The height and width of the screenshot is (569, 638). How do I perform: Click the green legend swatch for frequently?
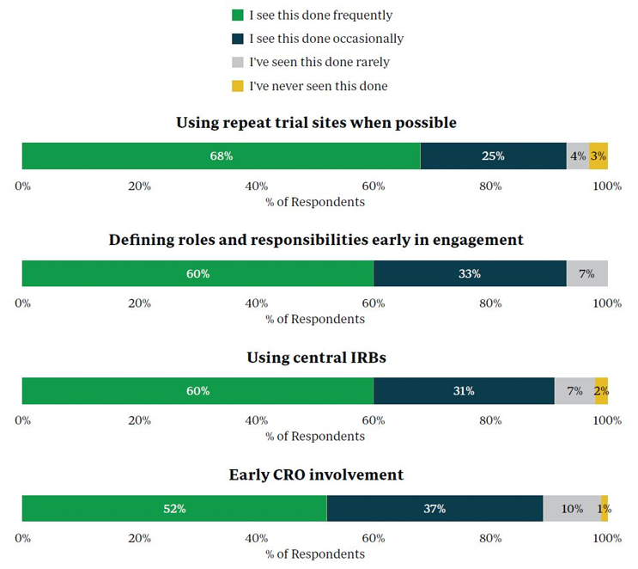(238, 15)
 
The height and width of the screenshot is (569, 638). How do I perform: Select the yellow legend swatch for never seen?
(238, 86)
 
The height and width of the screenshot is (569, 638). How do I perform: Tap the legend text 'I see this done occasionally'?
(325, 39)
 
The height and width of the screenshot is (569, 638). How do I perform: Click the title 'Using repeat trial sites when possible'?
(316, 123)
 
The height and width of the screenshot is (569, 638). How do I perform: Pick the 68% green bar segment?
(221, 156)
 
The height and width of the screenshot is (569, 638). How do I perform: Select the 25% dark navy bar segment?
(493, 156)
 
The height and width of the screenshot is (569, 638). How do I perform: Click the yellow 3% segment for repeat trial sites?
(599, 156)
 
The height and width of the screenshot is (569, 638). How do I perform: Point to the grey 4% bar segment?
(578, 156)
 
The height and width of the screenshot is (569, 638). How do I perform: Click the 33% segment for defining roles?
(470, 273)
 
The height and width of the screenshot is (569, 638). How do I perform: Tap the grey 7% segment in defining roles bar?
(587, 273)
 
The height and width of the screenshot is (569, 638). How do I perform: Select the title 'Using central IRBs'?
(316, 357)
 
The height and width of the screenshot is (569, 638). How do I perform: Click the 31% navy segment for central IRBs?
(464, 390)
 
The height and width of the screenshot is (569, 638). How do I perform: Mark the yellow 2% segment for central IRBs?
(602, 390)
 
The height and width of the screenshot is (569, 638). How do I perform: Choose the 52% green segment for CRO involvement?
(174, 508)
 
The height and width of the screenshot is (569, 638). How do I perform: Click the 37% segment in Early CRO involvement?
(434, 508)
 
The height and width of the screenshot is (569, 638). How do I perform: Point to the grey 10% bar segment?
(572, 508)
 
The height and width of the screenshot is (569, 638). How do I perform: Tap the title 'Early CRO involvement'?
(316, 474)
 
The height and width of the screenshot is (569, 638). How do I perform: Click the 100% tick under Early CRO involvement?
(607, 538)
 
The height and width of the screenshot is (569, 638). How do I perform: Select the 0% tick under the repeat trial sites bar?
(23, 186)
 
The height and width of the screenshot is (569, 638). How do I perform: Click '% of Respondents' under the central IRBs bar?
(315, 436)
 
